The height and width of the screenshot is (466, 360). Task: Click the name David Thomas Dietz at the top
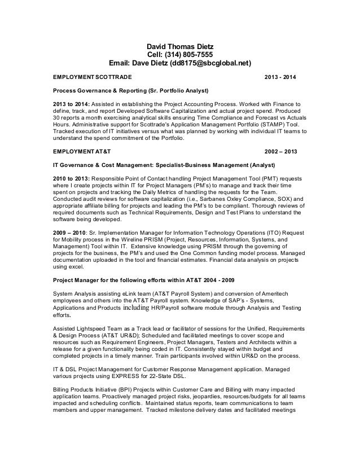(x=181, y=45)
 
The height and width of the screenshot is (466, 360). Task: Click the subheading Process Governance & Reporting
(x=99, y=90)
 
